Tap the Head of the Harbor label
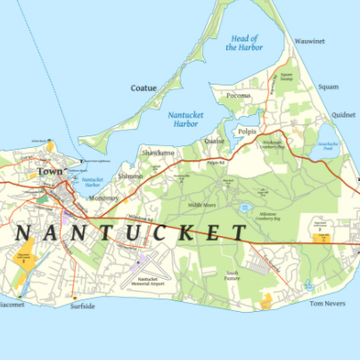click(x=243, y=43)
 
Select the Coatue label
click(x=143, y=87)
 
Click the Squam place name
click(x=328, y=87)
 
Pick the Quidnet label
click(x=342, y=115)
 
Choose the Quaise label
click(x=214, y=141)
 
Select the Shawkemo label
click(x=158, y=153)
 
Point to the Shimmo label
click(x=130, y=176)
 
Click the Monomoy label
click(x=106, y=199)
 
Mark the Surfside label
click(x=83, y=306)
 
